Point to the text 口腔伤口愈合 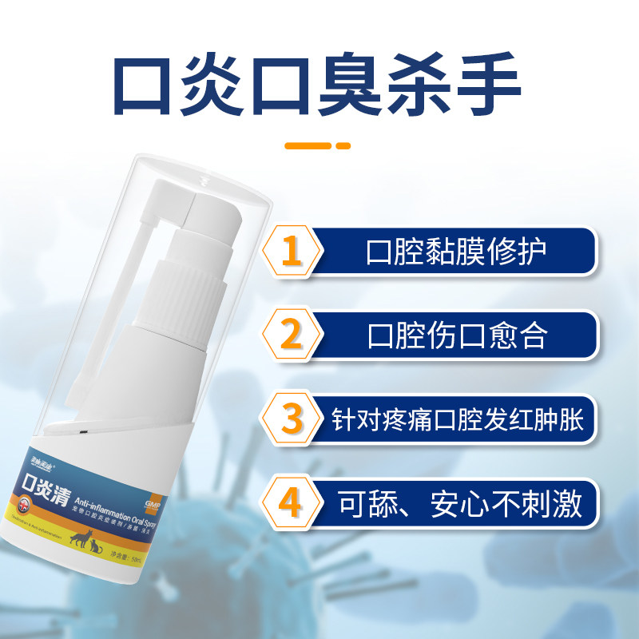click(456, 335)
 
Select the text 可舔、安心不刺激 click(456, 504)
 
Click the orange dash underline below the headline click(318, 146)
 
